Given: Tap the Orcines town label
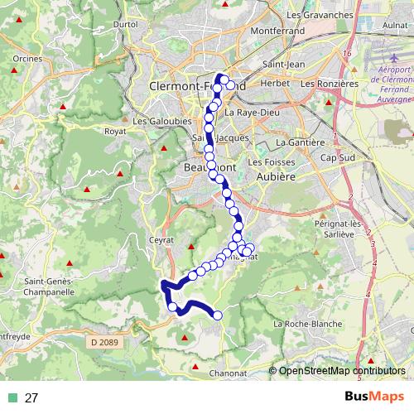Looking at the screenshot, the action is click(x=26, y=59).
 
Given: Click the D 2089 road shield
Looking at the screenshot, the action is click(x=103, y=339).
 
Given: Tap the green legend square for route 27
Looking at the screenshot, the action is click(x=12, y=398).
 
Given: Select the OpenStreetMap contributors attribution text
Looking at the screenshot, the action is click(x=342, y=371).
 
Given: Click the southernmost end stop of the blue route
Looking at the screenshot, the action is click(x=218, y=315).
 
